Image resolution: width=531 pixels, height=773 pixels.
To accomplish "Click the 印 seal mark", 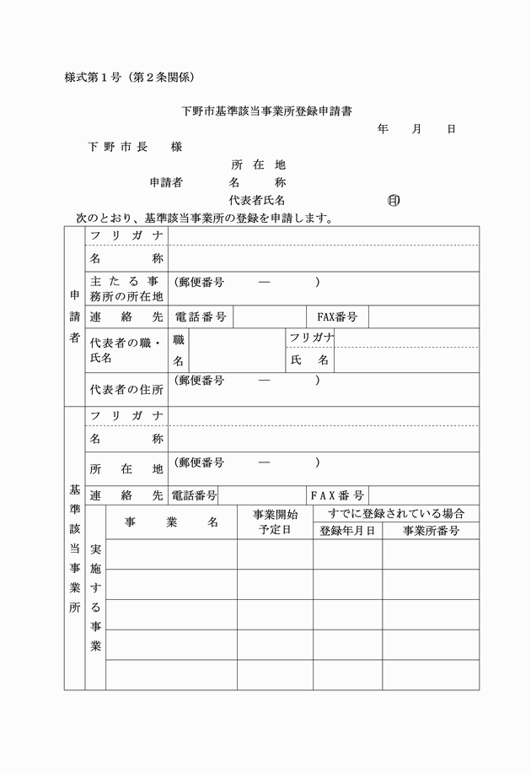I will point(393,201).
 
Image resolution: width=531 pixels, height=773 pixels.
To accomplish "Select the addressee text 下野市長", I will point(118,147).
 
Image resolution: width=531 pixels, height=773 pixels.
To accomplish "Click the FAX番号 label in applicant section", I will point(337,317).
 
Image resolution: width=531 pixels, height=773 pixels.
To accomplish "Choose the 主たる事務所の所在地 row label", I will point(126,289).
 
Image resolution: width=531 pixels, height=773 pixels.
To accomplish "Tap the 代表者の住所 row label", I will point(126,389).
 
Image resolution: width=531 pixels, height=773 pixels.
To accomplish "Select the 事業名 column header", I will point(171,522).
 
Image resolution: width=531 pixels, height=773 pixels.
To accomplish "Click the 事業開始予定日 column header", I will point(275,522).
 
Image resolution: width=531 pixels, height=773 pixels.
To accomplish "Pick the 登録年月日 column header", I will point(348,531).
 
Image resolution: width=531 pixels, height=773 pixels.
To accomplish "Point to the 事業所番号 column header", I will point(431,531).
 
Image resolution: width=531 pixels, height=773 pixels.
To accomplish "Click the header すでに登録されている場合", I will point(396,513).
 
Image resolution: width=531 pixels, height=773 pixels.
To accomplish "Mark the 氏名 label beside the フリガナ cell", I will point(309,360).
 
